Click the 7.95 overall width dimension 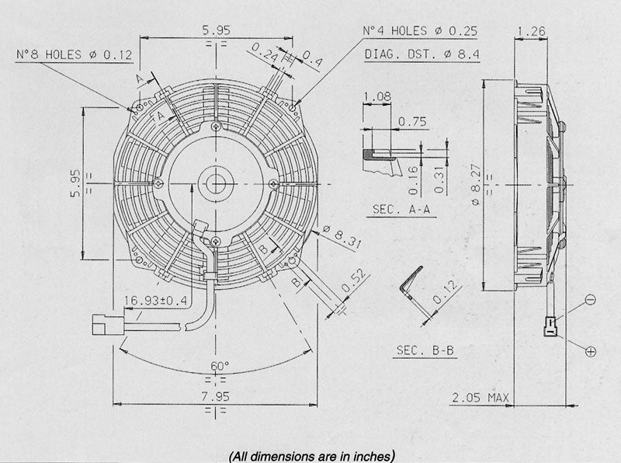coord(216,396)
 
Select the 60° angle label coord(218,366)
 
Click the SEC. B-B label coord(425,351)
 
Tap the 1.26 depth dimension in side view coord(532,33)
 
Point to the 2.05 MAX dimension coord(481,399)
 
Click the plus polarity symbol coord(591,352)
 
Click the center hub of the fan coord(216,184)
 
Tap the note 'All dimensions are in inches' coord(311,453)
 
